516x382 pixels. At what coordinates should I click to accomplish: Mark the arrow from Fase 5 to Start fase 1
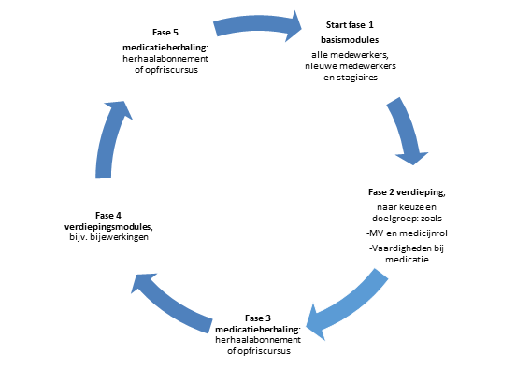point(259,25)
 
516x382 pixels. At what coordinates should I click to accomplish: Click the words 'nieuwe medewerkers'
point(360,66)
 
